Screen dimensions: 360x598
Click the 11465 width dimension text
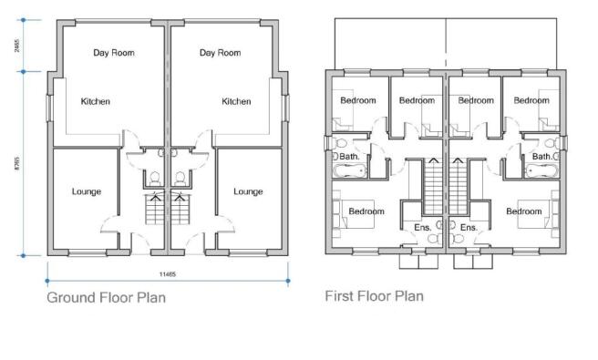167,273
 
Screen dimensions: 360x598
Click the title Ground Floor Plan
106,298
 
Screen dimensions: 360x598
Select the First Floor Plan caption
374,296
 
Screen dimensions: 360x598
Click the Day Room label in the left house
114,53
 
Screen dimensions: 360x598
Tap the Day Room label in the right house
220,53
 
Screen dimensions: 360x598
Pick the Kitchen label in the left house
95,101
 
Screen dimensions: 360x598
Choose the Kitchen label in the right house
236,101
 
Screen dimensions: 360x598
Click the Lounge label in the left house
87,191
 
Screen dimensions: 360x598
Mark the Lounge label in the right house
248,191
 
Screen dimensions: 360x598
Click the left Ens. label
422,227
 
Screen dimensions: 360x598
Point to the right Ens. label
469,227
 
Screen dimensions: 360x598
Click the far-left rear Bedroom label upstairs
357,100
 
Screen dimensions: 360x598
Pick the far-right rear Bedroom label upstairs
531,100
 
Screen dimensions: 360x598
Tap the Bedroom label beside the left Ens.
366,211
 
